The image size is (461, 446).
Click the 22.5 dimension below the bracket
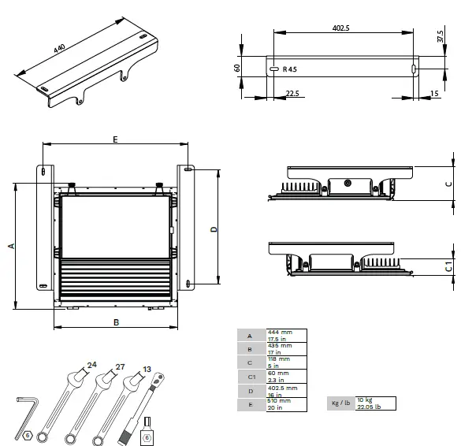click(292, 94)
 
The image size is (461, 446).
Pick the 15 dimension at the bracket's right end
click(435, 94)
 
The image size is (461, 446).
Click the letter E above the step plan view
click(115, 139)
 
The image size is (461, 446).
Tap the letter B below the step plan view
click(115, 321)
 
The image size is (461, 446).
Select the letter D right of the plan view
click(214, 229)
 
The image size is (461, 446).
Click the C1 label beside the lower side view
click(448, 267)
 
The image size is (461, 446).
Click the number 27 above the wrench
click(121, 366)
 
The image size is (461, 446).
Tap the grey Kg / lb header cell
click(340, 403)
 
